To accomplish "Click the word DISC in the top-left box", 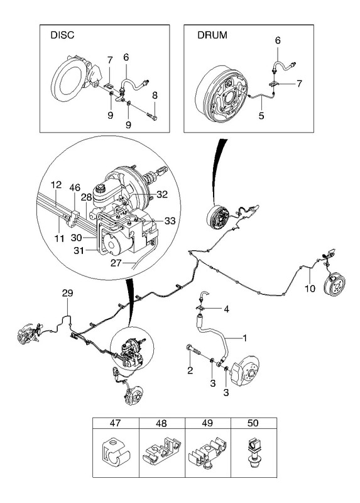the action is (x=62, y=35).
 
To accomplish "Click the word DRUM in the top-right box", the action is (x=212, y=35).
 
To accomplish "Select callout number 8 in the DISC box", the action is (x=155, y=96).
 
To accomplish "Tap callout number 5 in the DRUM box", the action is (x=261, y=116).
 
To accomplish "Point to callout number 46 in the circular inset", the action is (x=75, y=187).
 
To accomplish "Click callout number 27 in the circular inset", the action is (x=116, y=263).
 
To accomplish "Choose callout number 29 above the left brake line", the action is (x=68, y=293).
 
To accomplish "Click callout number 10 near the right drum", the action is (x=310, y=289).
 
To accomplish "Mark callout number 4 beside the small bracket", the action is (x=226, y=309).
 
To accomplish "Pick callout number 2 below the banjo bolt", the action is (x=190, y=371).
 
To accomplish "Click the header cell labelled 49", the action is (x=208, y=423).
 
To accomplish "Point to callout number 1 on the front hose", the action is (x=244, y=338).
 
